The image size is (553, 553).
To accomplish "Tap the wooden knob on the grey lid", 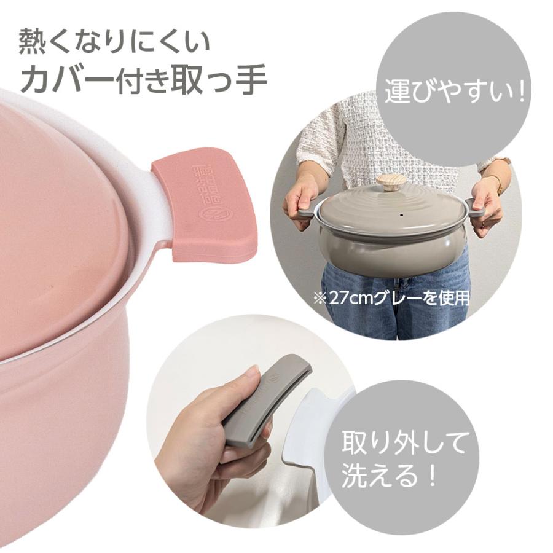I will click(391, 183).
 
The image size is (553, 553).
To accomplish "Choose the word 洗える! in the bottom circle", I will click(391, 477).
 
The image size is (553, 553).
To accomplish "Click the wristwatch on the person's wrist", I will click(497, 182).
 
